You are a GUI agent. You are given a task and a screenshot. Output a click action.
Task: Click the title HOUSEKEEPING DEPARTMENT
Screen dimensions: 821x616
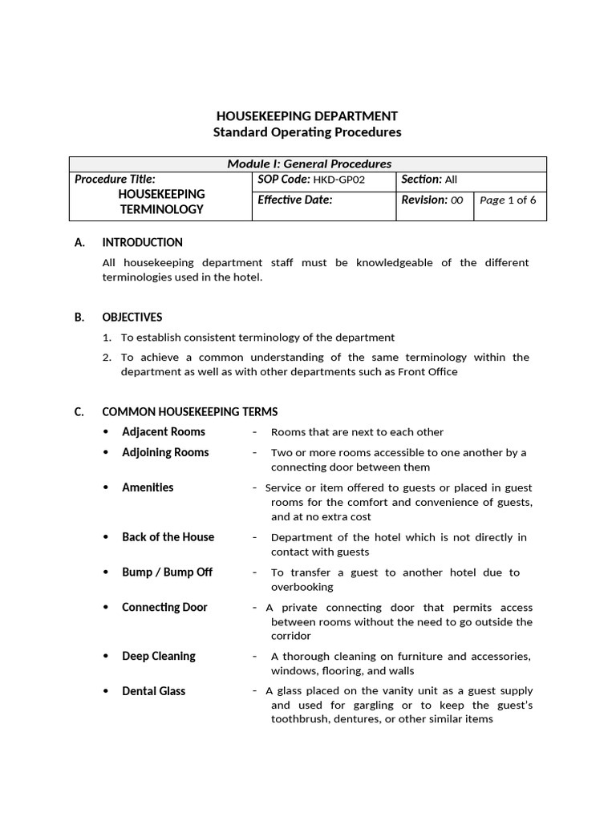pyautogui.click(x=307, y=116)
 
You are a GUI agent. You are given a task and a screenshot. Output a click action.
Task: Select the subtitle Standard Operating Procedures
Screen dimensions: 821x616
pyautogui.click(x=307, y=132)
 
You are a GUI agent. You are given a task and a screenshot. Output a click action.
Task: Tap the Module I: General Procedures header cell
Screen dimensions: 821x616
pyautogui.click(x=309, y=164)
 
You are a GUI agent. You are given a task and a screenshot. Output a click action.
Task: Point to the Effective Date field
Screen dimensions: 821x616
pyautogui.click(x=294, y=200)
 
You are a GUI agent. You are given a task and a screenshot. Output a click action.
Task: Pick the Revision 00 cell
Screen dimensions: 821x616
pyautogui.click(x=432, y=200)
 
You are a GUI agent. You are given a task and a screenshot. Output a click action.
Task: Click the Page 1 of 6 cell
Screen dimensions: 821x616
pyautogui.click(x=508, y=200)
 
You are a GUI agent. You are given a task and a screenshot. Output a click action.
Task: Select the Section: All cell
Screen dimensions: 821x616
pyautogui.click(x=429, y=180)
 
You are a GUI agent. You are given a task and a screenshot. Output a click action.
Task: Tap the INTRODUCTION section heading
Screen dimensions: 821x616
pyautogui.click(x=142, y=242)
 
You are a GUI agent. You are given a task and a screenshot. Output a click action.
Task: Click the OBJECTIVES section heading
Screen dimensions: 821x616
pyautogui.click(x=132, y=317)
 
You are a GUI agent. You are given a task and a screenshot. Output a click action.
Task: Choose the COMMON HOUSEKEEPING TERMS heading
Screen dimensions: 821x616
pyautogui.click(x=189, y=411)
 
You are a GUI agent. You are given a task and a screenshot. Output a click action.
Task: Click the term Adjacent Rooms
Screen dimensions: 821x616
pyautogui.click(x=163, y=431)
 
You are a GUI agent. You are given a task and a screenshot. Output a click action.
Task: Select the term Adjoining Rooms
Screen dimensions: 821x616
pyautogui.click(x=165, y=452)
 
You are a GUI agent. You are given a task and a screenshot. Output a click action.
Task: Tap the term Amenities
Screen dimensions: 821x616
pyautogui.click(x=148, y=487)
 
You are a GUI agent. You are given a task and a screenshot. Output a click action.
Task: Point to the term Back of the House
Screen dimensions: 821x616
pyautogui.click(x=168, y=537)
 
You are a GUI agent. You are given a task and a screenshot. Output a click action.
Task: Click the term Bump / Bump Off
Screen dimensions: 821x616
pyautogui.click(x=167, y=572)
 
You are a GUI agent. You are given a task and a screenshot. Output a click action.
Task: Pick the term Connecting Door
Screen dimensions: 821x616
pyautogui.click(x=164, y=607)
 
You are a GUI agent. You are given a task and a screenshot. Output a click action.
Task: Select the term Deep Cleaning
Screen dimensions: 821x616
pyautogui.click(x=158, y=656)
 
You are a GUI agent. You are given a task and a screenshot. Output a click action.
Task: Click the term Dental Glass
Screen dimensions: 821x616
pyautogui.click(x=153, y=691)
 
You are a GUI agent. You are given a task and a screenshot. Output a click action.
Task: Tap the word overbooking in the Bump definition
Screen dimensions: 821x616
pyautogui.click(x=301, y=587)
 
